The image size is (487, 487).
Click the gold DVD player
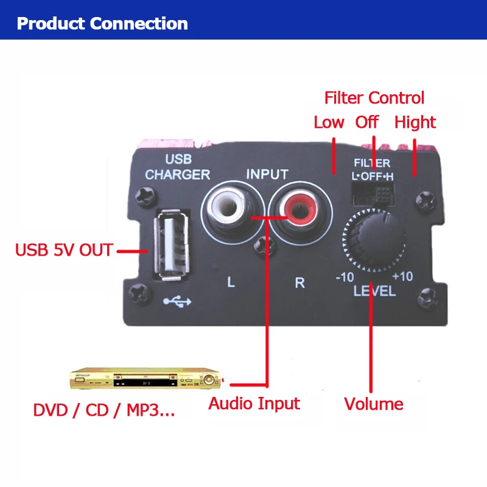pyautogui.click(x=146, y=381)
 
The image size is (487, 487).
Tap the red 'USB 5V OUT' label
pyautogui.click(x=64, y=250)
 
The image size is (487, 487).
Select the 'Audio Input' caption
pyautogui.click(x=254, y=403)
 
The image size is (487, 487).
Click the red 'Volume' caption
pyautogui.click(x=374, y=404)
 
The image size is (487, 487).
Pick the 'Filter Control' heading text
pyautogui.click(x=374, y=97)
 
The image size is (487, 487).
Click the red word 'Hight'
pyautogui.click(x=415, y=122)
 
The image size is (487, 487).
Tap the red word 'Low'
pyautogui.click(x=329, y=122)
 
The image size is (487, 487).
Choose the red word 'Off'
pyautogui.click(x=367, y=122)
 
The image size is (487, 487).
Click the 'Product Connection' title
pyautogui.click(x=102, y=24)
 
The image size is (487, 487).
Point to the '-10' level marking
pyautogui.click(x=345, y=277)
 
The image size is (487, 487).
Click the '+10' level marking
pyautogui.click(x=402, y=276)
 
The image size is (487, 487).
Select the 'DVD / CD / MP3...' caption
pyautogui.click(x=104, y=410)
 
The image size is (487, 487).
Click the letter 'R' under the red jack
pyautogui.click(x=300, y=283)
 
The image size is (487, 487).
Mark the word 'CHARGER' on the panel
pyautogui.click(x=177, y=175)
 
